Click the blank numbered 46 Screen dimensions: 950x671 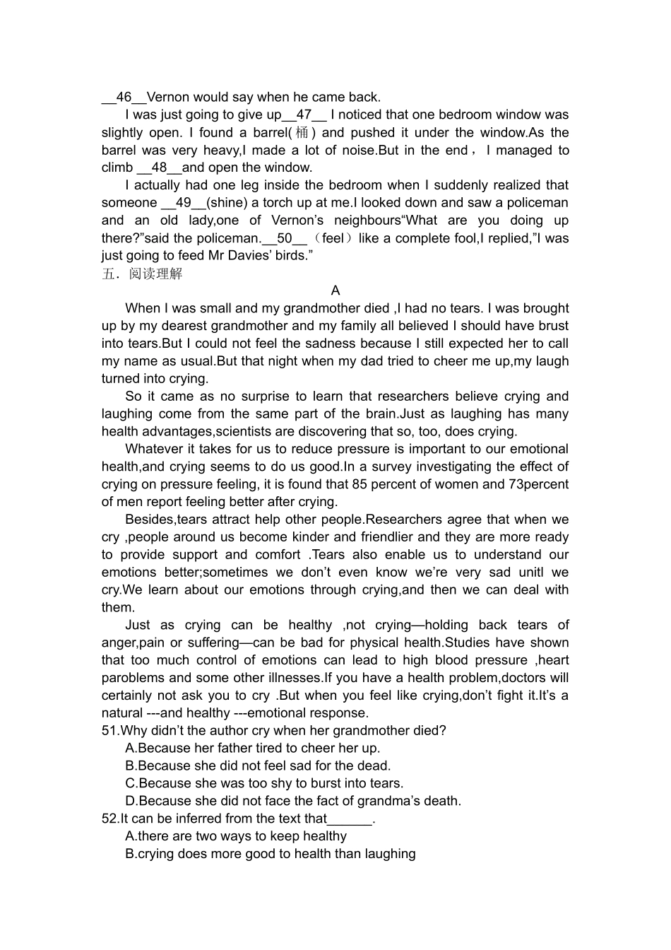click(124, 98)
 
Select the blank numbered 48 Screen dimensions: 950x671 click(159, 168)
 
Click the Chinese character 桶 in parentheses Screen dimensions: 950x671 click(302, 133)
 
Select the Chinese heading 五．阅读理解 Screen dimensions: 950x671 click(142, 274)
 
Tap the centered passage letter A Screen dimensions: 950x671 click(335, 291)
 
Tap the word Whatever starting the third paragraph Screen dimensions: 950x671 click(151, 450)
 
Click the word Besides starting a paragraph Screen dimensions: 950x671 click(147, 520)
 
